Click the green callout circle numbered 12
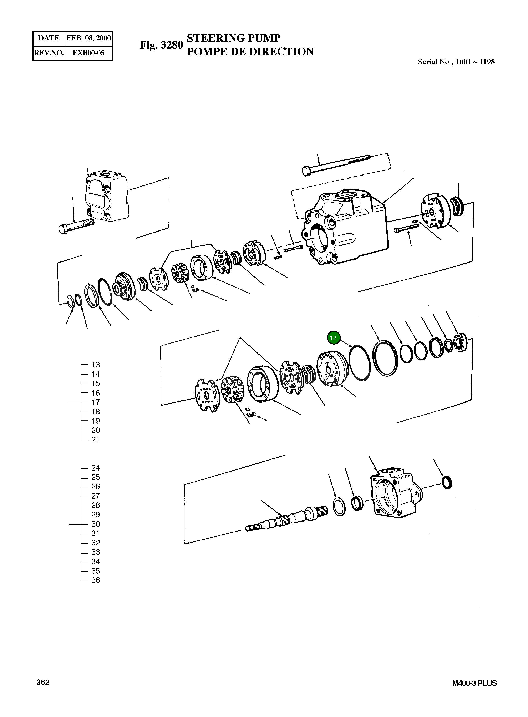(x=333, y=338)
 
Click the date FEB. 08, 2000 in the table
(x=89, y=38)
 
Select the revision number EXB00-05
(x=88, y=53)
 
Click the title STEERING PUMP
(x=233, y=38)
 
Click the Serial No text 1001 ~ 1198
(x=475, y=62)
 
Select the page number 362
(x=43, y=682)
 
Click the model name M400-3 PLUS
(x=474, y=683)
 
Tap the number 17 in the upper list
(x=96, y=402)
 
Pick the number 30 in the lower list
(x=96, y=524)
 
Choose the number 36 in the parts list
(x=96, y=580)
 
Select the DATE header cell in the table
(x=49, y=38)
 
